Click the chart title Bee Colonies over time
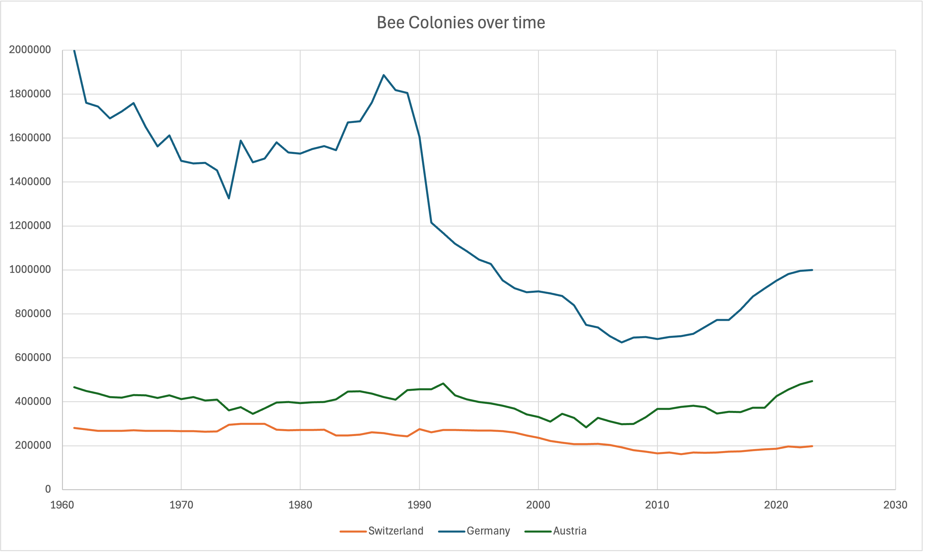point(461,23)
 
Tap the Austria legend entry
point(569,531)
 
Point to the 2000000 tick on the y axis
point(30,50)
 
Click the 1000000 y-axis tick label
point(30,269)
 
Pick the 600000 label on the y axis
point(33,358)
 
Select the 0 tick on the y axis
point(48,489)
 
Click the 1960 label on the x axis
point(62,505)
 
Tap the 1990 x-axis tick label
point(419,505)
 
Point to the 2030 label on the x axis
point(895,505)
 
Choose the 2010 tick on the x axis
point(657,505)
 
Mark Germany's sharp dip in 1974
point(229,198)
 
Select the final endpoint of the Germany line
point(812,270)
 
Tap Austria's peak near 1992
point(443,383)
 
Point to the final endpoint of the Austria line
point(812,381)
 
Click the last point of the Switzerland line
point(812,446)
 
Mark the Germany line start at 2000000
point(75,50)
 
